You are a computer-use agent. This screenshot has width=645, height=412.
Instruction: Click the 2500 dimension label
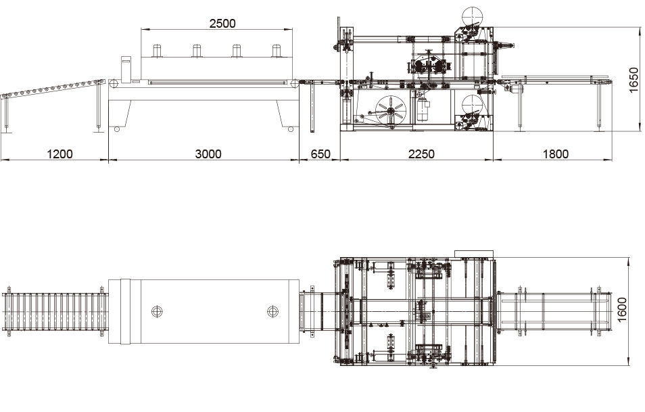tap(222, 23)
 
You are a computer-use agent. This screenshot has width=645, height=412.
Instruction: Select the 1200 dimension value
tap(59, 154)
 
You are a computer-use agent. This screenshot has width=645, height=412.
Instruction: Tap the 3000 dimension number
tap(208, 154)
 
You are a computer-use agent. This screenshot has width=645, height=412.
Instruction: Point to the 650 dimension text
tap(320, 154)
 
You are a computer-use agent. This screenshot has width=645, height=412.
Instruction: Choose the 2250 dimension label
tap(421, 154)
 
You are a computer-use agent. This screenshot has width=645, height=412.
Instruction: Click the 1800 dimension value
tap(555, 154)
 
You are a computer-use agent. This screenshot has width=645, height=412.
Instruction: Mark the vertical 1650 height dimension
tap(634, 81)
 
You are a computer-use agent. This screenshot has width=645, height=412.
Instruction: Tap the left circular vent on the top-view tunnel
tap(157, 311)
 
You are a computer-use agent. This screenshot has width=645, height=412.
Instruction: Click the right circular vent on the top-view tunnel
tap(272, 311)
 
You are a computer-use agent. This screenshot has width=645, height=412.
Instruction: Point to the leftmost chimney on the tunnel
tap(157, 51)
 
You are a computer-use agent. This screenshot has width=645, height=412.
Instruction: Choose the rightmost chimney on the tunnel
tap(276, 51)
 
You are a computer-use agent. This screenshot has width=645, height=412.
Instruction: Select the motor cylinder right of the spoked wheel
tap(423, 110)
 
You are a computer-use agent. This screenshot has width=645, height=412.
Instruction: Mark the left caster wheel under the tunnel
tap(117, 129)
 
